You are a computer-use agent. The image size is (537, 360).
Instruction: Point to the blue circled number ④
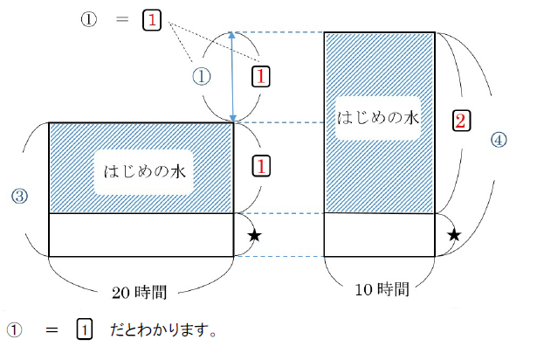(498, 139)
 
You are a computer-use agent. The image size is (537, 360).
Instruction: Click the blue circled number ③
(18, 197)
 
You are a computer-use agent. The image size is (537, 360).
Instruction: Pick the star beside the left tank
(254, 235)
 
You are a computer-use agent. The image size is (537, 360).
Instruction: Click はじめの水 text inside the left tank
(141, 172)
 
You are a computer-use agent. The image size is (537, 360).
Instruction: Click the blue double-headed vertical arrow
(233, 77)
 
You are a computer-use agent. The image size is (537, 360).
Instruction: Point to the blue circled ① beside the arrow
(202, 77)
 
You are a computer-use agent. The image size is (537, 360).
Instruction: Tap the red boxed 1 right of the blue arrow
(261, 77)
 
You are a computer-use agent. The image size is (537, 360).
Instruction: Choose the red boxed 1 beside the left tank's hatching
(261, 164)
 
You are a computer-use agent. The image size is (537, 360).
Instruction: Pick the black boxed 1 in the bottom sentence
(84, 330)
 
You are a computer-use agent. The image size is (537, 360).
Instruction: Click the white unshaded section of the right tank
(379, 234)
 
